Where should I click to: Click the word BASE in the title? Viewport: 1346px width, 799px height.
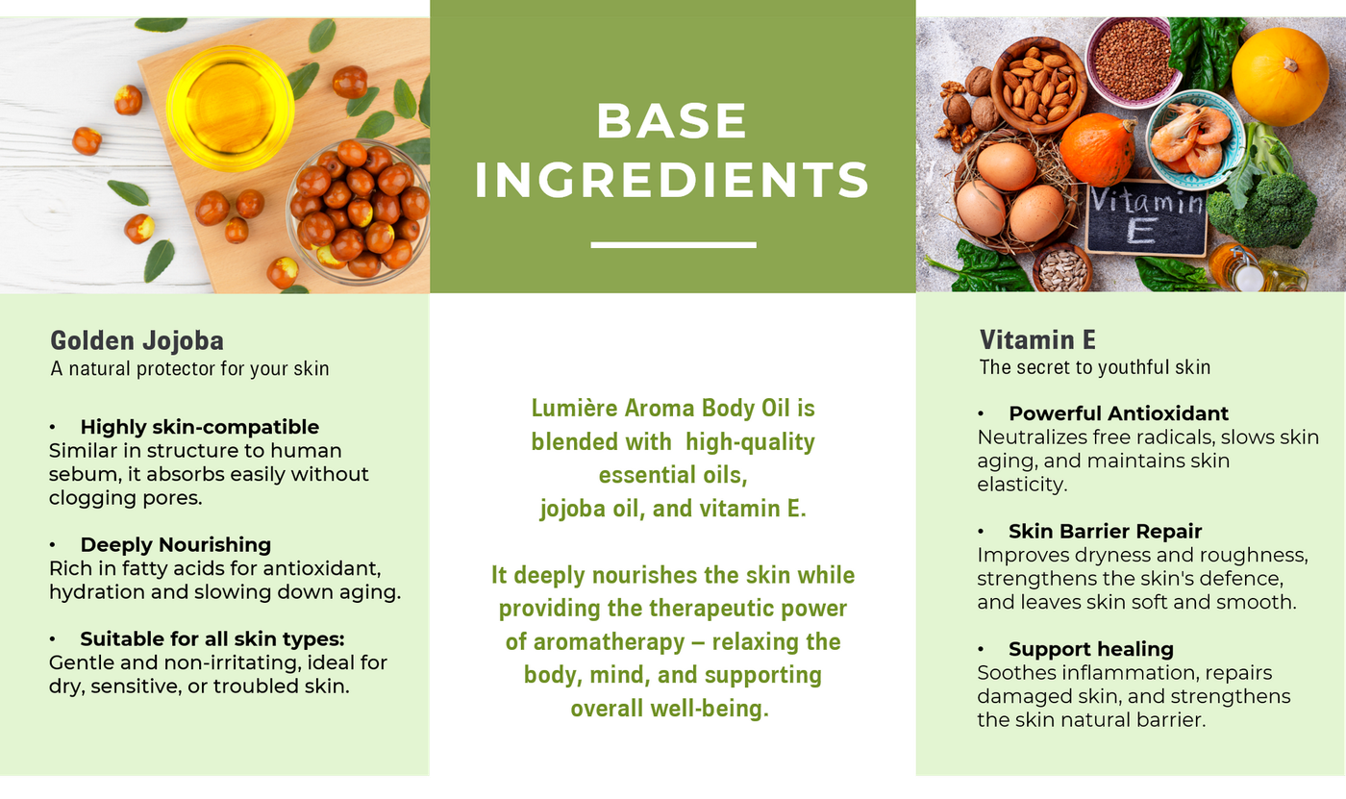click(x=672, y=121)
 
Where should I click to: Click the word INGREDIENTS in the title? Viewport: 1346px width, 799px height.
click(x=672, y=179)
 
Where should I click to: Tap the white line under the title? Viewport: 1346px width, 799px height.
click(x=673, y=245)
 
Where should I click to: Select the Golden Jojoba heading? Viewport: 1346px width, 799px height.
click(x=137, y=340)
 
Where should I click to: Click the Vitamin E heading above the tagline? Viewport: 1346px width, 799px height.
click(x=1037, y=339)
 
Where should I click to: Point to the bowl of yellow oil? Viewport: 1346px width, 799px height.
click(x=230, y=108)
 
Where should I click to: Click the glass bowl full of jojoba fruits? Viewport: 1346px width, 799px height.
click(x=358, y=211)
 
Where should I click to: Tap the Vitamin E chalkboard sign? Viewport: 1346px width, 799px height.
click(x=1146, y=217)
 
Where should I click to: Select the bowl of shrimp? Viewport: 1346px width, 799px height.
click(x=1194, y=140)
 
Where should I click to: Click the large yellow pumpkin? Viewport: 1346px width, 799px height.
click(x=1280, y=77)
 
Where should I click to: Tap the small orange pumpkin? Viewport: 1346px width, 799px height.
click(x=1097, y=149)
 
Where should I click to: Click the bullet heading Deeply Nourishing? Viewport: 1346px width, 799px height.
click(x=175, y=544)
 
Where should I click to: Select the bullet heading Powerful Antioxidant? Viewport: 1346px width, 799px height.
click(x=1118, y=413)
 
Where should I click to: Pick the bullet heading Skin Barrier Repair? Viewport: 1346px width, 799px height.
click(x=1105, y=531)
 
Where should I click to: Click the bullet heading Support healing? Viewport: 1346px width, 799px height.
click(x=1091, y=649)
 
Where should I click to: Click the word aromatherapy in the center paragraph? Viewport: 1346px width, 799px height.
click(x=609, y=642)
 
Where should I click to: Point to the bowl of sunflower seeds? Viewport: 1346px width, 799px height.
click(x=1062, y=268)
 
